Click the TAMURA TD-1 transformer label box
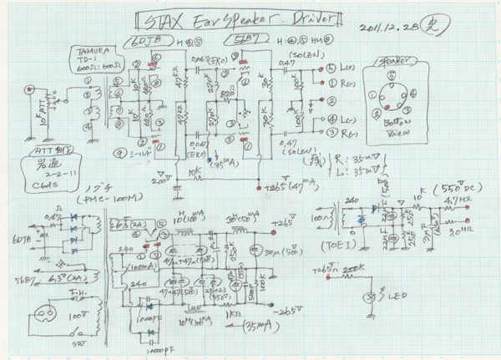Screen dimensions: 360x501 (x=88, y=62)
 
